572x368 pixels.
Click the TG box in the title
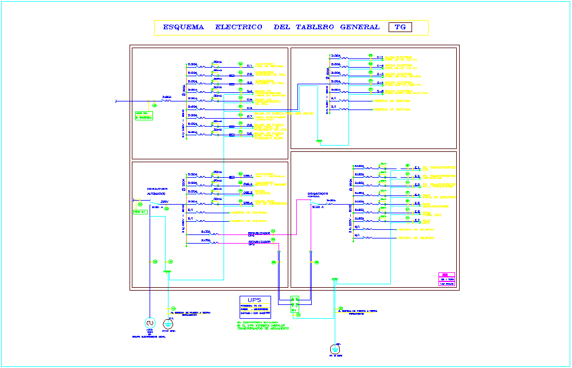click(400, 27)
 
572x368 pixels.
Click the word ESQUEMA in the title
click(183, 27)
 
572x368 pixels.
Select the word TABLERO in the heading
click(315, 27)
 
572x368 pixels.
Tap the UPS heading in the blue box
click(254, 300)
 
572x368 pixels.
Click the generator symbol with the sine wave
click(150, 323)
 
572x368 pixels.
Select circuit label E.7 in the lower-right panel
click(417, 221)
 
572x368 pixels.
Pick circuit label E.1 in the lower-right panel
click(417, 168)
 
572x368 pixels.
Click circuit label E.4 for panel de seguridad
click(417, 195)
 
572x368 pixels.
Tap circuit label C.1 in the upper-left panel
click(249, 66)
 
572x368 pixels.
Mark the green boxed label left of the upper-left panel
click(143, 115)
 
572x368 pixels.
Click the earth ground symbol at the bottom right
click(335, 349)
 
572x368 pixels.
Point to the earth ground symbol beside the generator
click(169, 323)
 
